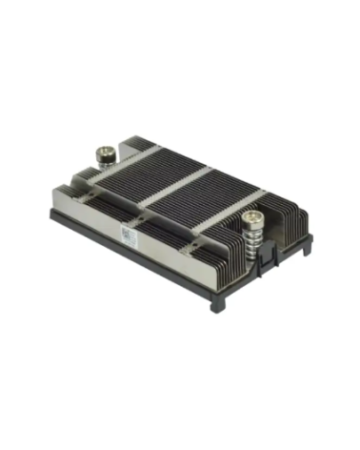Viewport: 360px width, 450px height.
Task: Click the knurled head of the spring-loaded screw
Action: coord(252,220)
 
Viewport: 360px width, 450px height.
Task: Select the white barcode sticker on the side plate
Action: coord(131,235)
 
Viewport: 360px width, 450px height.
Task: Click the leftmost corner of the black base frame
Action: coord(53,212)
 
